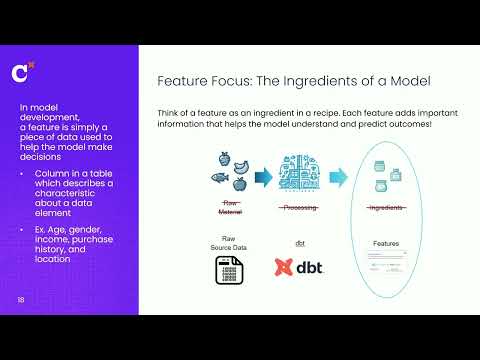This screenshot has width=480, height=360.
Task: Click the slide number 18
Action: tap(20, 300)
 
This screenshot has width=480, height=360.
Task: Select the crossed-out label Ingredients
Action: tap(386, 208)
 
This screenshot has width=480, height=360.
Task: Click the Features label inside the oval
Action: tap(386, 242)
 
